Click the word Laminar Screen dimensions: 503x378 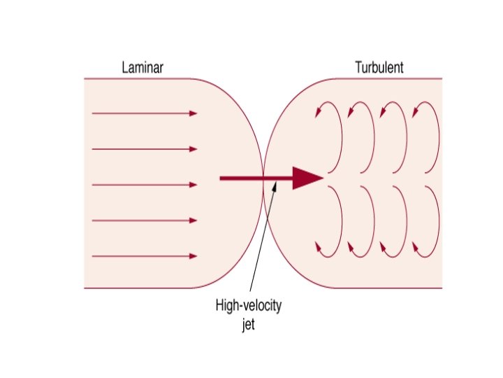coord(142,69)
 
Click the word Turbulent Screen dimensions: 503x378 coord(379,69)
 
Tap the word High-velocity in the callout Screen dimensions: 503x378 coord(251,307)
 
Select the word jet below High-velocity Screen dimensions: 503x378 coord(249,326)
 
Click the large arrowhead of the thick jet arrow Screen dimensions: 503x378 coord(307,178)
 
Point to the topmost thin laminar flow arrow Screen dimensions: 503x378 coord(145,113)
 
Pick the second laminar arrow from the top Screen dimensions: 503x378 coord(145,149)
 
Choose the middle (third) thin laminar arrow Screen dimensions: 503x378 coord(145,185)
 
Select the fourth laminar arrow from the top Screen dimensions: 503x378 coord(145,220)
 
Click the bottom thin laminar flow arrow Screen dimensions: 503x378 coord(145,256)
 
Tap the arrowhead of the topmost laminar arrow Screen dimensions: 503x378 coord(194,113)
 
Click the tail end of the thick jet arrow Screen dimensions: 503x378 coord(222,178)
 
